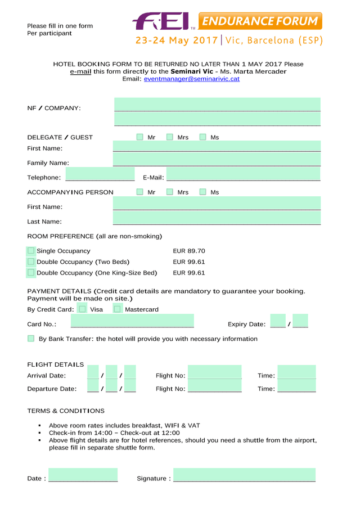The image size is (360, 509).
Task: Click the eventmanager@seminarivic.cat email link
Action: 192,79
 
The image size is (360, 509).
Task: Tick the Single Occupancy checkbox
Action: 31,251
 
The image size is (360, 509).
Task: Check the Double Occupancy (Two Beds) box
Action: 31,262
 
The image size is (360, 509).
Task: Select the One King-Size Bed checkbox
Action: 31,273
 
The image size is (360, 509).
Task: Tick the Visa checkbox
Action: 83,309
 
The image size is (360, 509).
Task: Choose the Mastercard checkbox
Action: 118,309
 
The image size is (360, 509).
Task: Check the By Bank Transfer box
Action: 31,339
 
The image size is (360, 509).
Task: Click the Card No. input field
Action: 132,322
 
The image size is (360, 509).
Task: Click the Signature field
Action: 244,475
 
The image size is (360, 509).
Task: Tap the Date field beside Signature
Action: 83,475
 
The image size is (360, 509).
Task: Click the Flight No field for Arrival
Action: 215,372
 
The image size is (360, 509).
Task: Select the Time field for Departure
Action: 296,386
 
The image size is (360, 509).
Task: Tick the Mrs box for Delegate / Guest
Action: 169,137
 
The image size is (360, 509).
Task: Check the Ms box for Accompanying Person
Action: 203,192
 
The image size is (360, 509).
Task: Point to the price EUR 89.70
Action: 189,251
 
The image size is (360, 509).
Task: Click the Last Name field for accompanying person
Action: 217,219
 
